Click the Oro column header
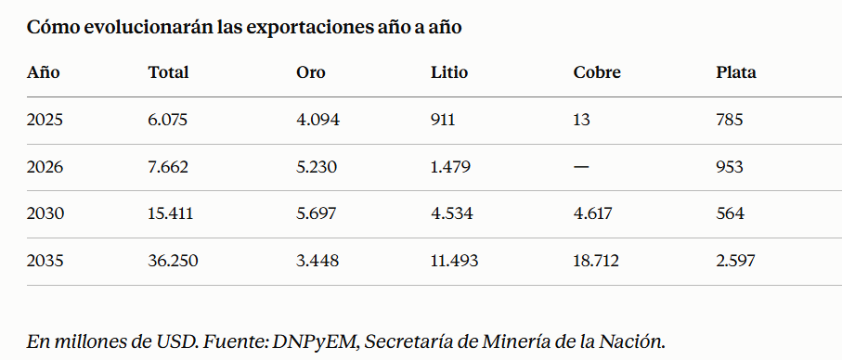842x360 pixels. (310, 72)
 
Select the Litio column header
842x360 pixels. (449, 72)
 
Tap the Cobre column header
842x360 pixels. (597, 72)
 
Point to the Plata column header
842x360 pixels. (735, 72)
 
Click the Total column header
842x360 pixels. (168, 72)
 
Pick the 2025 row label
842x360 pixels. (45, 119)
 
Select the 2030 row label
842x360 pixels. (45, 213)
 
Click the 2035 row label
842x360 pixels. (45, 261)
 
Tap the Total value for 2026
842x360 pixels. (168, 167)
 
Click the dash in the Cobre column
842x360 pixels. (581, 167)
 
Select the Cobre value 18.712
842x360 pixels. (596, 261)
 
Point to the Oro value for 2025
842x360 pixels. (317, 119)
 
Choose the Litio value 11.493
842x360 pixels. (454, 261)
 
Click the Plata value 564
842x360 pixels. (731, 213)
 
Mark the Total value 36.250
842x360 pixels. (173, 261)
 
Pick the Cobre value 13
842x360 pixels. (581, 119)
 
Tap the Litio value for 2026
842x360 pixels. (450, 167)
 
